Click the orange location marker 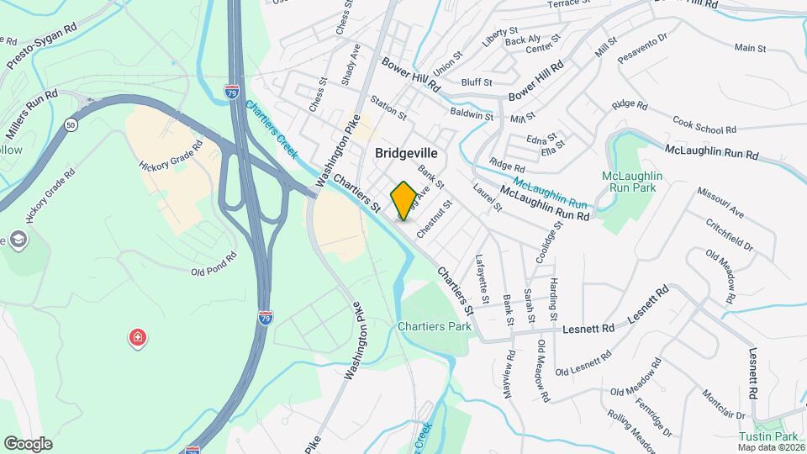tap(403, 200)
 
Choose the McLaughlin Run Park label tap(633, 182)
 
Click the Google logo tap(28, 443)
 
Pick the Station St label tap(388, 106)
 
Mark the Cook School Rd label tap(704, 124)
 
